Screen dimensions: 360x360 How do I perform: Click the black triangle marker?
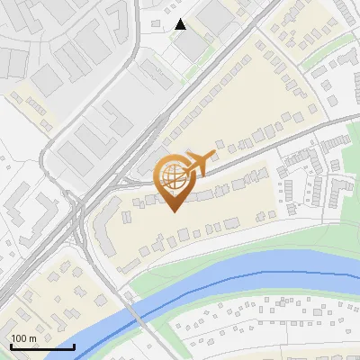coord(181,24)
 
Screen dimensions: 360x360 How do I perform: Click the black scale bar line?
coord(41,346)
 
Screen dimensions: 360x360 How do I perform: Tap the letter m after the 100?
coord(32,338)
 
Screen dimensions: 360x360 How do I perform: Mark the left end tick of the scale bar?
coord(10,345)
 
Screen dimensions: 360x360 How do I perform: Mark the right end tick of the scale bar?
coord(74,345)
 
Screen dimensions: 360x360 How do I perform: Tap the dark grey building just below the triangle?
coord(192,47)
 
